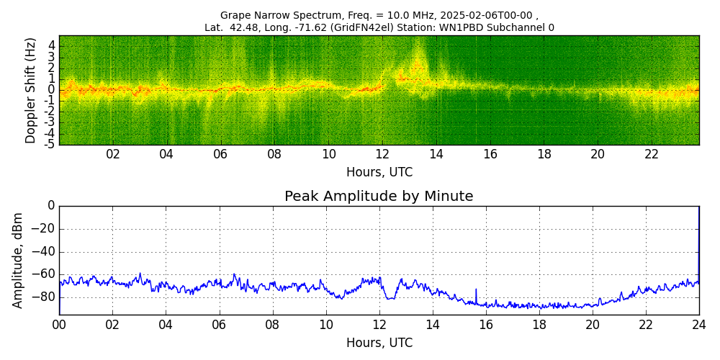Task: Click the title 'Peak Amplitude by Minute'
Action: pyautogui.click(x=379, y=197)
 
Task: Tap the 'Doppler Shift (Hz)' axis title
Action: pyautogui.click(x=31, y=90)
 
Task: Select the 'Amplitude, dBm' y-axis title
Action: pyautogui.click(x=18, y=260)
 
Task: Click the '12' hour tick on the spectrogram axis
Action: pyautogui.click(x=382, y=154)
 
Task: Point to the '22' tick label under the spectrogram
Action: pyautogui.click(x=652, y=154)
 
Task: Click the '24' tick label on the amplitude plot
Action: pyautogui.click(x=699, y=325)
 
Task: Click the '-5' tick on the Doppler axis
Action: pyautogui.click(x=50, y=144)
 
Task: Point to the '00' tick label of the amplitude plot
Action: pyautogui.click(x=59, y=325)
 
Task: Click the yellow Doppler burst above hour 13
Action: pyautogui.click(x=417, y=61)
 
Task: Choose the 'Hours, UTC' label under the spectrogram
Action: pyautogui.click(x=379, y=172)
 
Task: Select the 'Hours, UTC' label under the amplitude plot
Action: pyautogui.click(x=379, y=343)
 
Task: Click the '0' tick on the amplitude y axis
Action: pyautogui.click(x=51, y=206)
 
